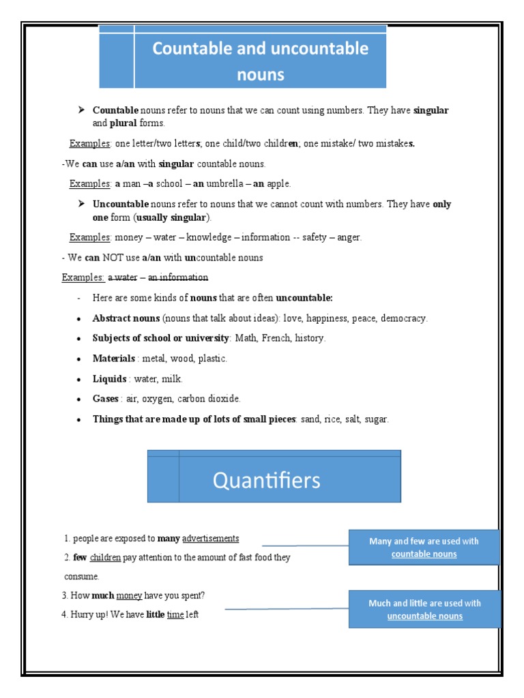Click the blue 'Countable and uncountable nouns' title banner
point(260,60)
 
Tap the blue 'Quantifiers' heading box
point(274,480)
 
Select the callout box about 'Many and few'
point(424,547)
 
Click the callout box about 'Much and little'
point(424,609)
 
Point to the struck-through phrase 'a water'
point(123,277)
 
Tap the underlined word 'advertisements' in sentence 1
point(211,538)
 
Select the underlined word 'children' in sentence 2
point(105,558)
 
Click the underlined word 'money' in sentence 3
point(129,596)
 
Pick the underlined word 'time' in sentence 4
point(175,615)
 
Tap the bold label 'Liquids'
point(110,379)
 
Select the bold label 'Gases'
point(106,399)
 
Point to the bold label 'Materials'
point(114,359)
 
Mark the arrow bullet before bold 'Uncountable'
point(81,204)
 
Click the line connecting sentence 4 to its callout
point(287,609)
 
